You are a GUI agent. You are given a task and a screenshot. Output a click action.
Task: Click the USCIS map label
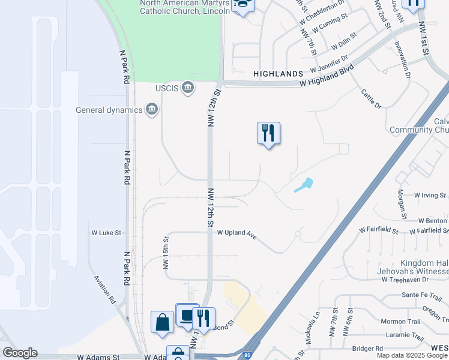pyautogui.click(x=167, y=88)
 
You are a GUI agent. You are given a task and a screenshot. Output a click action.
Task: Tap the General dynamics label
pyautogui.click(x=109, y=110)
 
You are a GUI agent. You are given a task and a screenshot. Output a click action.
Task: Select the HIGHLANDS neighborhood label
pyautogui.click(x=278, y=73)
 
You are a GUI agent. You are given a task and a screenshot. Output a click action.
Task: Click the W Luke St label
pyautogui.click(x=106, y=232)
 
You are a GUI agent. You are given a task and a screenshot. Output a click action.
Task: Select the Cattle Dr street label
pyautogui.click(x=371, y=98)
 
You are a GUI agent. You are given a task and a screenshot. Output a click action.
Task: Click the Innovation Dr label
pyautogui.click(x=402, y=60)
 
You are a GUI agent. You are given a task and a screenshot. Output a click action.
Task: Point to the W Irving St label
pyautogui.click(x=430, y=196)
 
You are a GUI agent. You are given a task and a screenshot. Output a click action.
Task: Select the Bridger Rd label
pyautogui.click(x=367, y=348)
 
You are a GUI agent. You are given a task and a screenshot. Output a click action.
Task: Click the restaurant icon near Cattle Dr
pyautogui.click(x=269, y=133)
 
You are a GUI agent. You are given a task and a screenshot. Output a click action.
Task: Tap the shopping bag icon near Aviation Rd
pyautogui.click(x=162, y=322)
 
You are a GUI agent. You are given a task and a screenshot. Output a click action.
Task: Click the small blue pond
pyautogui.click(x=304, y=185)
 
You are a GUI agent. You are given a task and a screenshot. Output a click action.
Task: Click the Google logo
pyautogui.click(x=20, y=353)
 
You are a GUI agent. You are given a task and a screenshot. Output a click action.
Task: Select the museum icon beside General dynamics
pyautogui.click(x=152, y=109)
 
